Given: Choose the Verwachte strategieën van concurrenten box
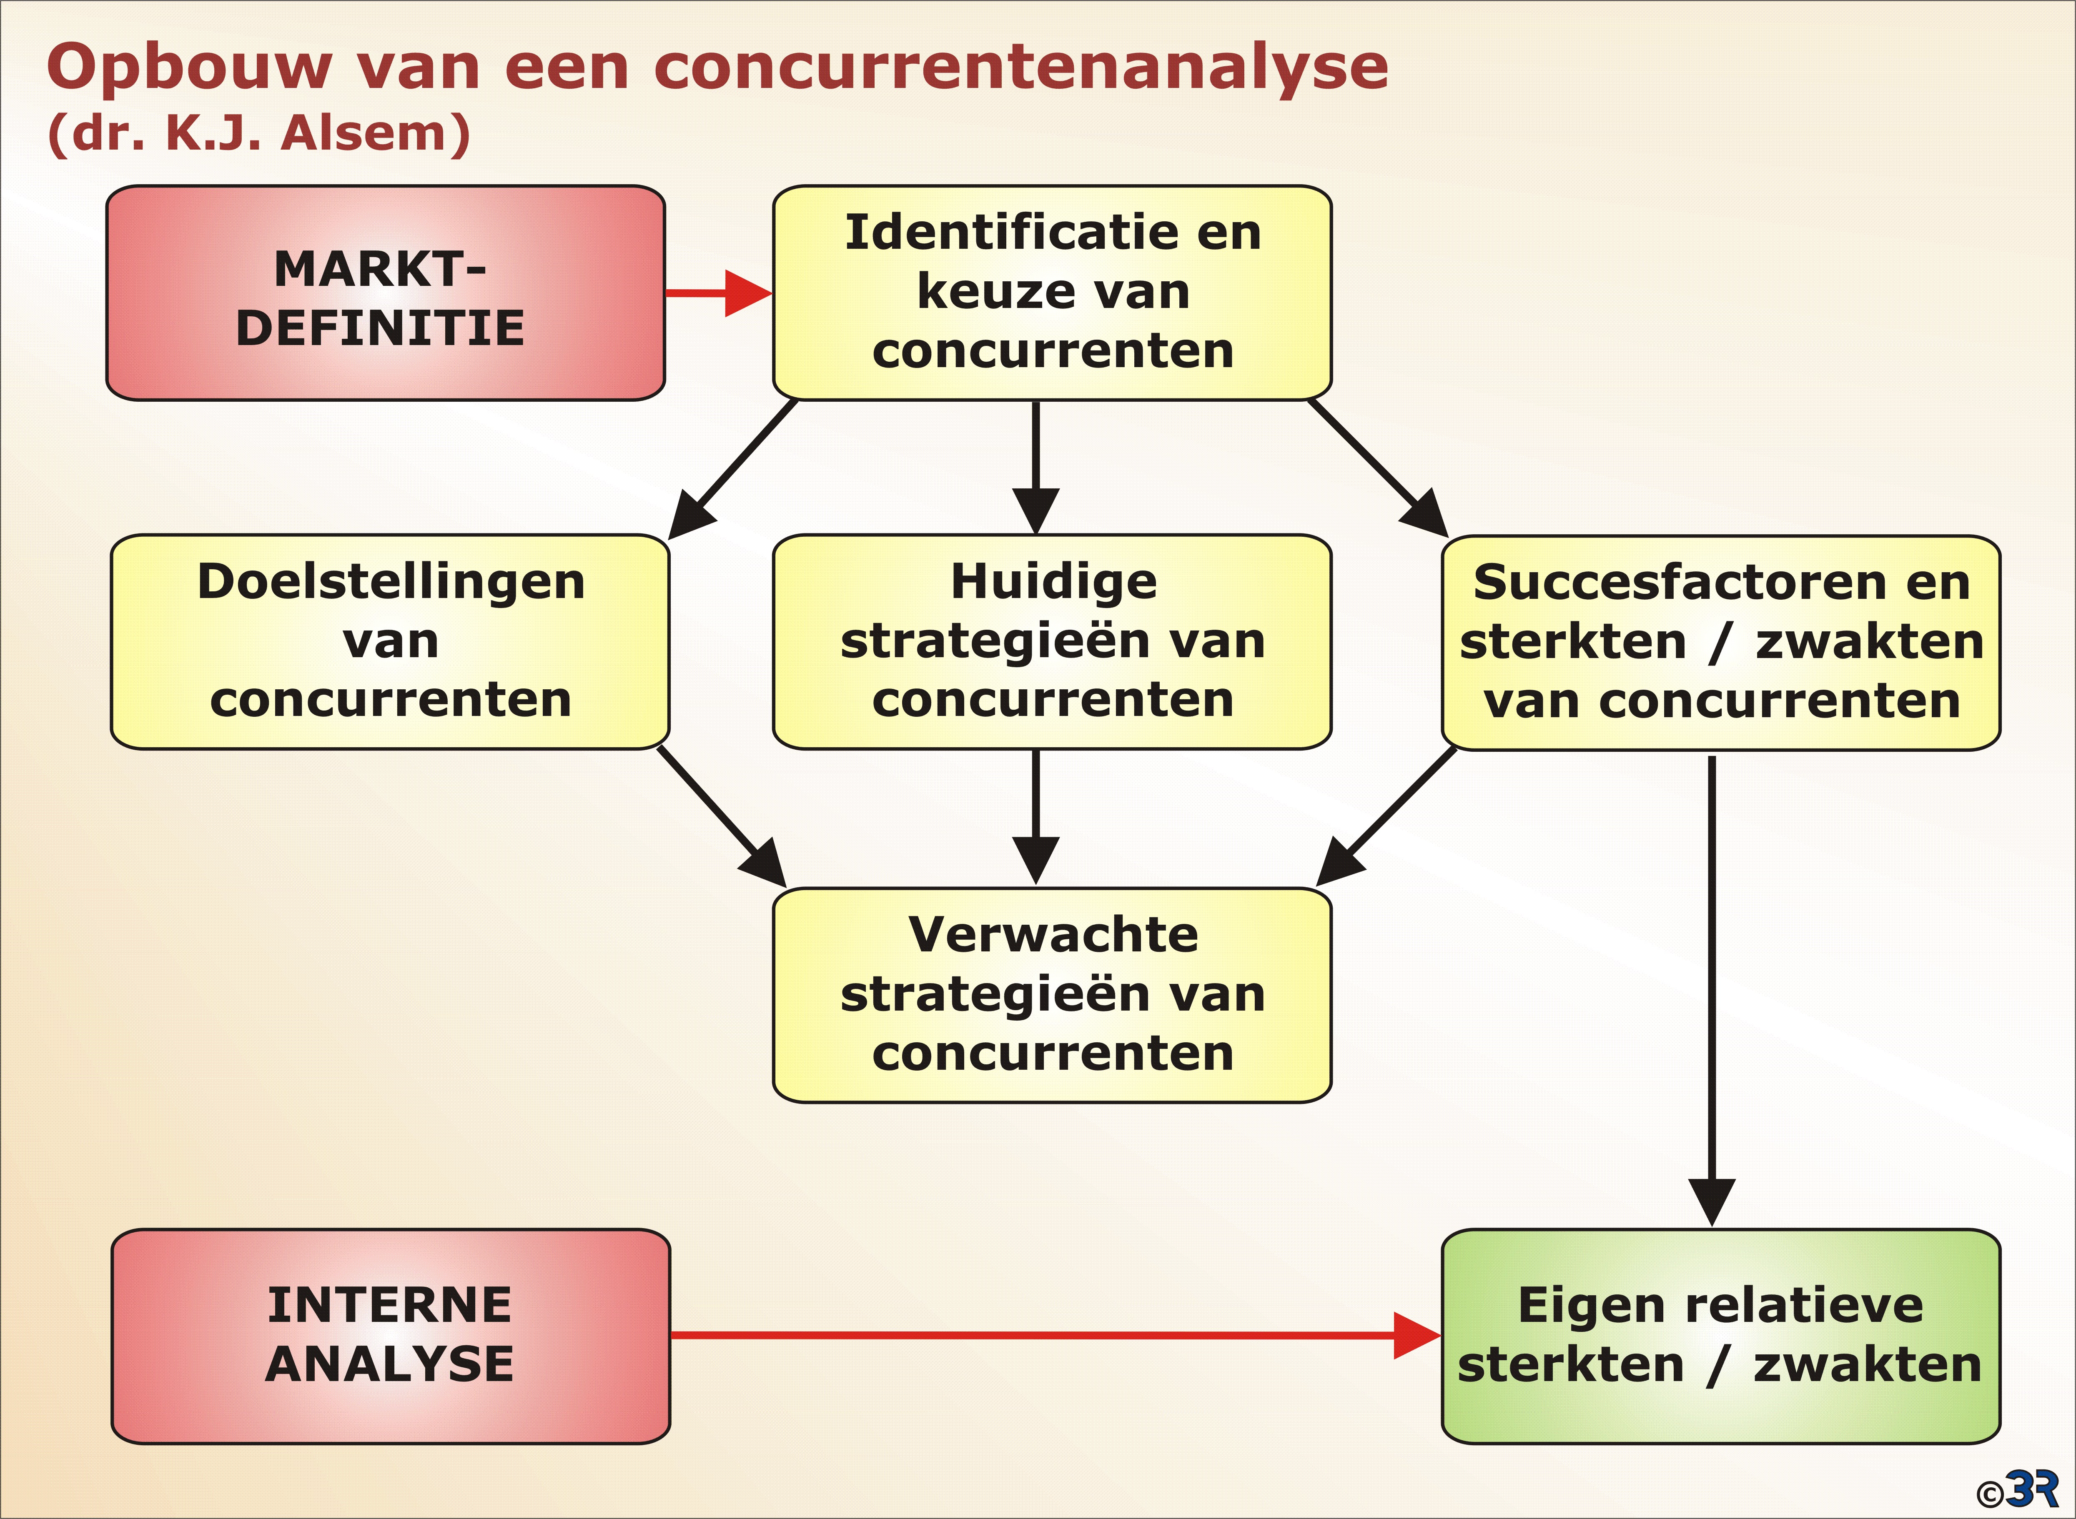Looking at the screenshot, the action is pyautogui.click(x=1052, y=995).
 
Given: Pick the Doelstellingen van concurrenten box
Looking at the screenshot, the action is pyautogui.click(x=390, y=642).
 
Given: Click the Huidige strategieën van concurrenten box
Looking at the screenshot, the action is pyautogui.click(x=1052, y=642).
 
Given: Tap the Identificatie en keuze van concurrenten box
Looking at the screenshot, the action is pyautogui.click(x=1052, y=293).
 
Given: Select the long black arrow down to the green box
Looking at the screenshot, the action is pyautogui.click(x=1712, y=990).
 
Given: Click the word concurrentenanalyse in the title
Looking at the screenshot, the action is pyautogui.click(x=1021, y=67).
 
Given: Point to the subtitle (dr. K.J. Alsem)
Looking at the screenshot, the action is pyautogui.click(x=258, y=133).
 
